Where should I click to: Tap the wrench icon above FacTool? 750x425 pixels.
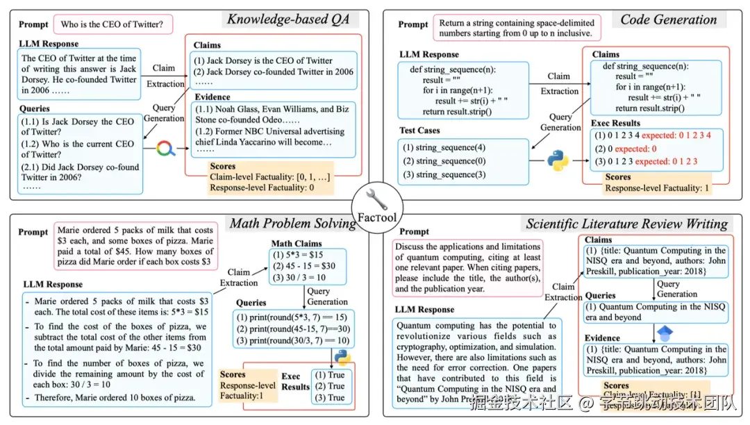point(375,199)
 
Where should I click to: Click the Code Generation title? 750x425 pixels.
point(668,19)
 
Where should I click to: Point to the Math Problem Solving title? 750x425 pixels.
point(292,224)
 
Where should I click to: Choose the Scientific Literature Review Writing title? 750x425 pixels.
point(626,224)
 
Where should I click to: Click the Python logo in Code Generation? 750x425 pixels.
point(558,160)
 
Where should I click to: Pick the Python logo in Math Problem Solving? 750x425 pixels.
point(342,358)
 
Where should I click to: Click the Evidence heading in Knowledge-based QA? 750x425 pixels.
point(212,97)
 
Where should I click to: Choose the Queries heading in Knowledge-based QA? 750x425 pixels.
point(34,108)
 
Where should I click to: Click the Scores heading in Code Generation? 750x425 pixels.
point(618,177)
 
